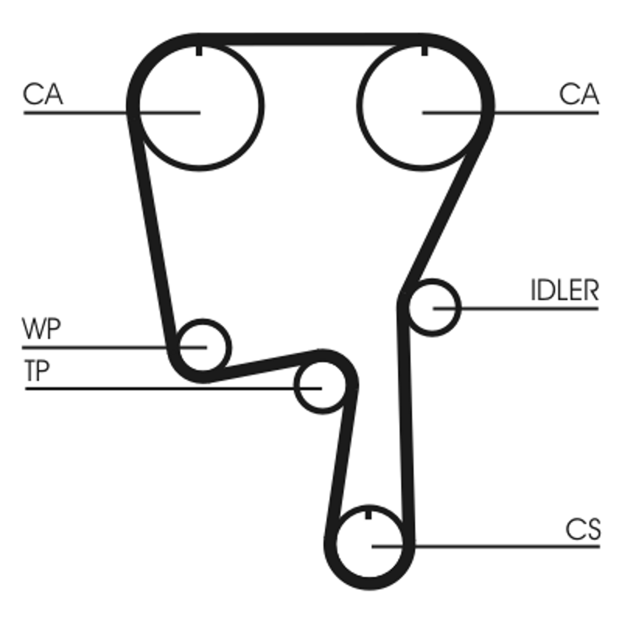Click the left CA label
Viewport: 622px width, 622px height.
[x=43, y=95]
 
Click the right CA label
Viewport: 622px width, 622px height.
[x=579, y=95]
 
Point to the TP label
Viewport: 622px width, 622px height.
[x=37, y=371]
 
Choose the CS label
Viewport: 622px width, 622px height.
[x=583, y=530]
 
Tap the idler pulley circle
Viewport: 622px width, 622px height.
[x=432, y=308]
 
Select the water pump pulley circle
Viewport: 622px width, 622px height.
[x=204, y=345]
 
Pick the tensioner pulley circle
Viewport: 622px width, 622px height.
[x=320, y=386]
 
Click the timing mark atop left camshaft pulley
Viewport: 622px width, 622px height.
[x=200, y=51]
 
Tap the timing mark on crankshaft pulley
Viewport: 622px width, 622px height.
[x=369, y=514]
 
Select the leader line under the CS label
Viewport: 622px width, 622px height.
[x=505, y=546]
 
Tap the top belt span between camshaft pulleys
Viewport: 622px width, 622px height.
[x=311, y=39]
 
